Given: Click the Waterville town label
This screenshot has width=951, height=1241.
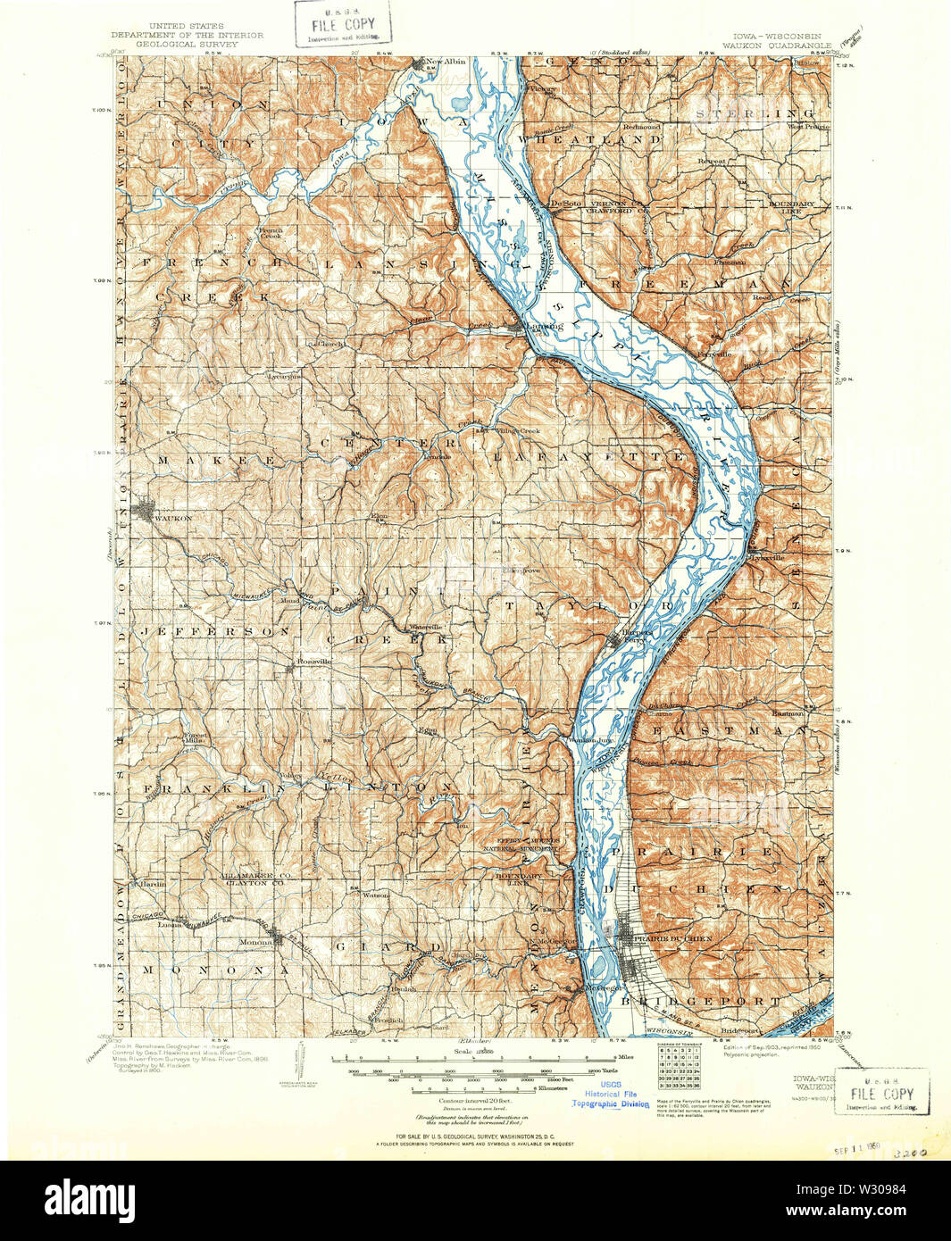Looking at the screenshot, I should pyautogui.click(x=426, y=627).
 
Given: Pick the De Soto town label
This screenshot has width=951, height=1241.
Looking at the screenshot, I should pyautogui.click(x=565, y=204).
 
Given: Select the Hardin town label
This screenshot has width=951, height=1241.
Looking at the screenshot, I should pyautogui.click(x=152, y=884).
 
